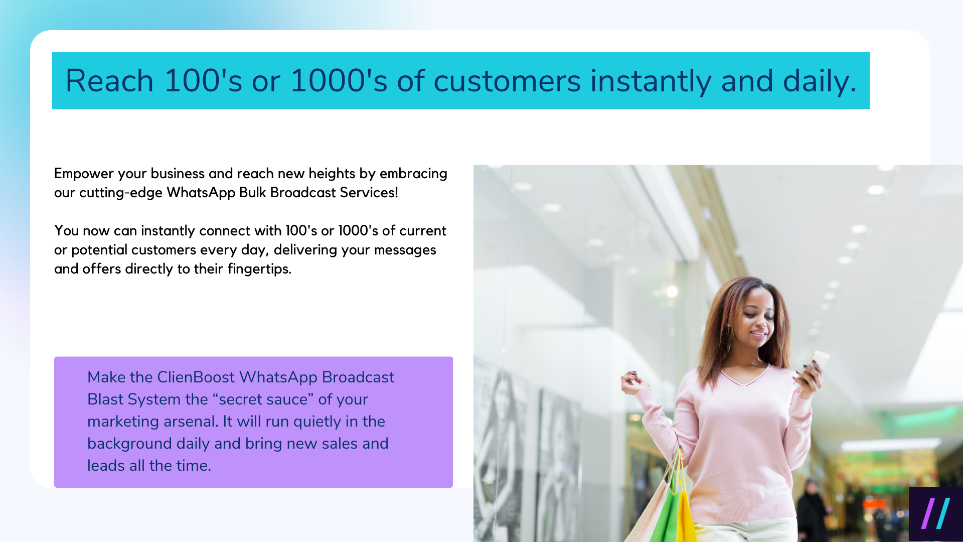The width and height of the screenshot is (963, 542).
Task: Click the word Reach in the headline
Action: tap(109, 81)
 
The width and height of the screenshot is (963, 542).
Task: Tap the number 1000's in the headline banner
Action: tap(339, 81)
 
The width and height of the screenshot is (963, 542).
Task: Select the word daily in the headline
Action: tap(819, 81)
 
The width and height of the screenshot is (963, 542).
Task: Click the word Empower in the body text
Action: tap(84, 174)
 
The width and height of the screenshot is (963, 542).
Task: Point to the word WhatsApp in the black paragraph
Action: tap(201, 193)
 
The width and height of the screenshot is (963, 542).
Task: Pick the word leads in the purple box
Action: tap(106, 466)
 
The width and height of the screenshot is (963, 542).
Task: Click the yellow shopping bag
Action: tap(686, 517)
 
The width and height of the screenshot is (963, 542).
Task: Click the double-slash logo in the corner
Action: tap(935, 513)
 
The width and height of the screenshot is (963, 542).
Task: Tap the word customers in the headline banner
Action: tap(507, 81)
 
